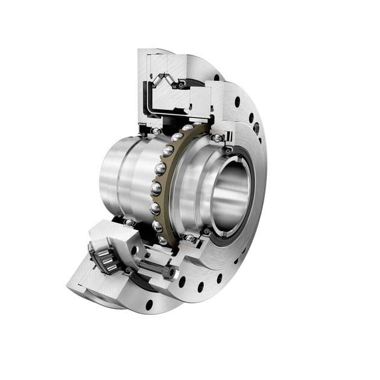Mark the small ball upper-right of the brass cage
215,138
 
